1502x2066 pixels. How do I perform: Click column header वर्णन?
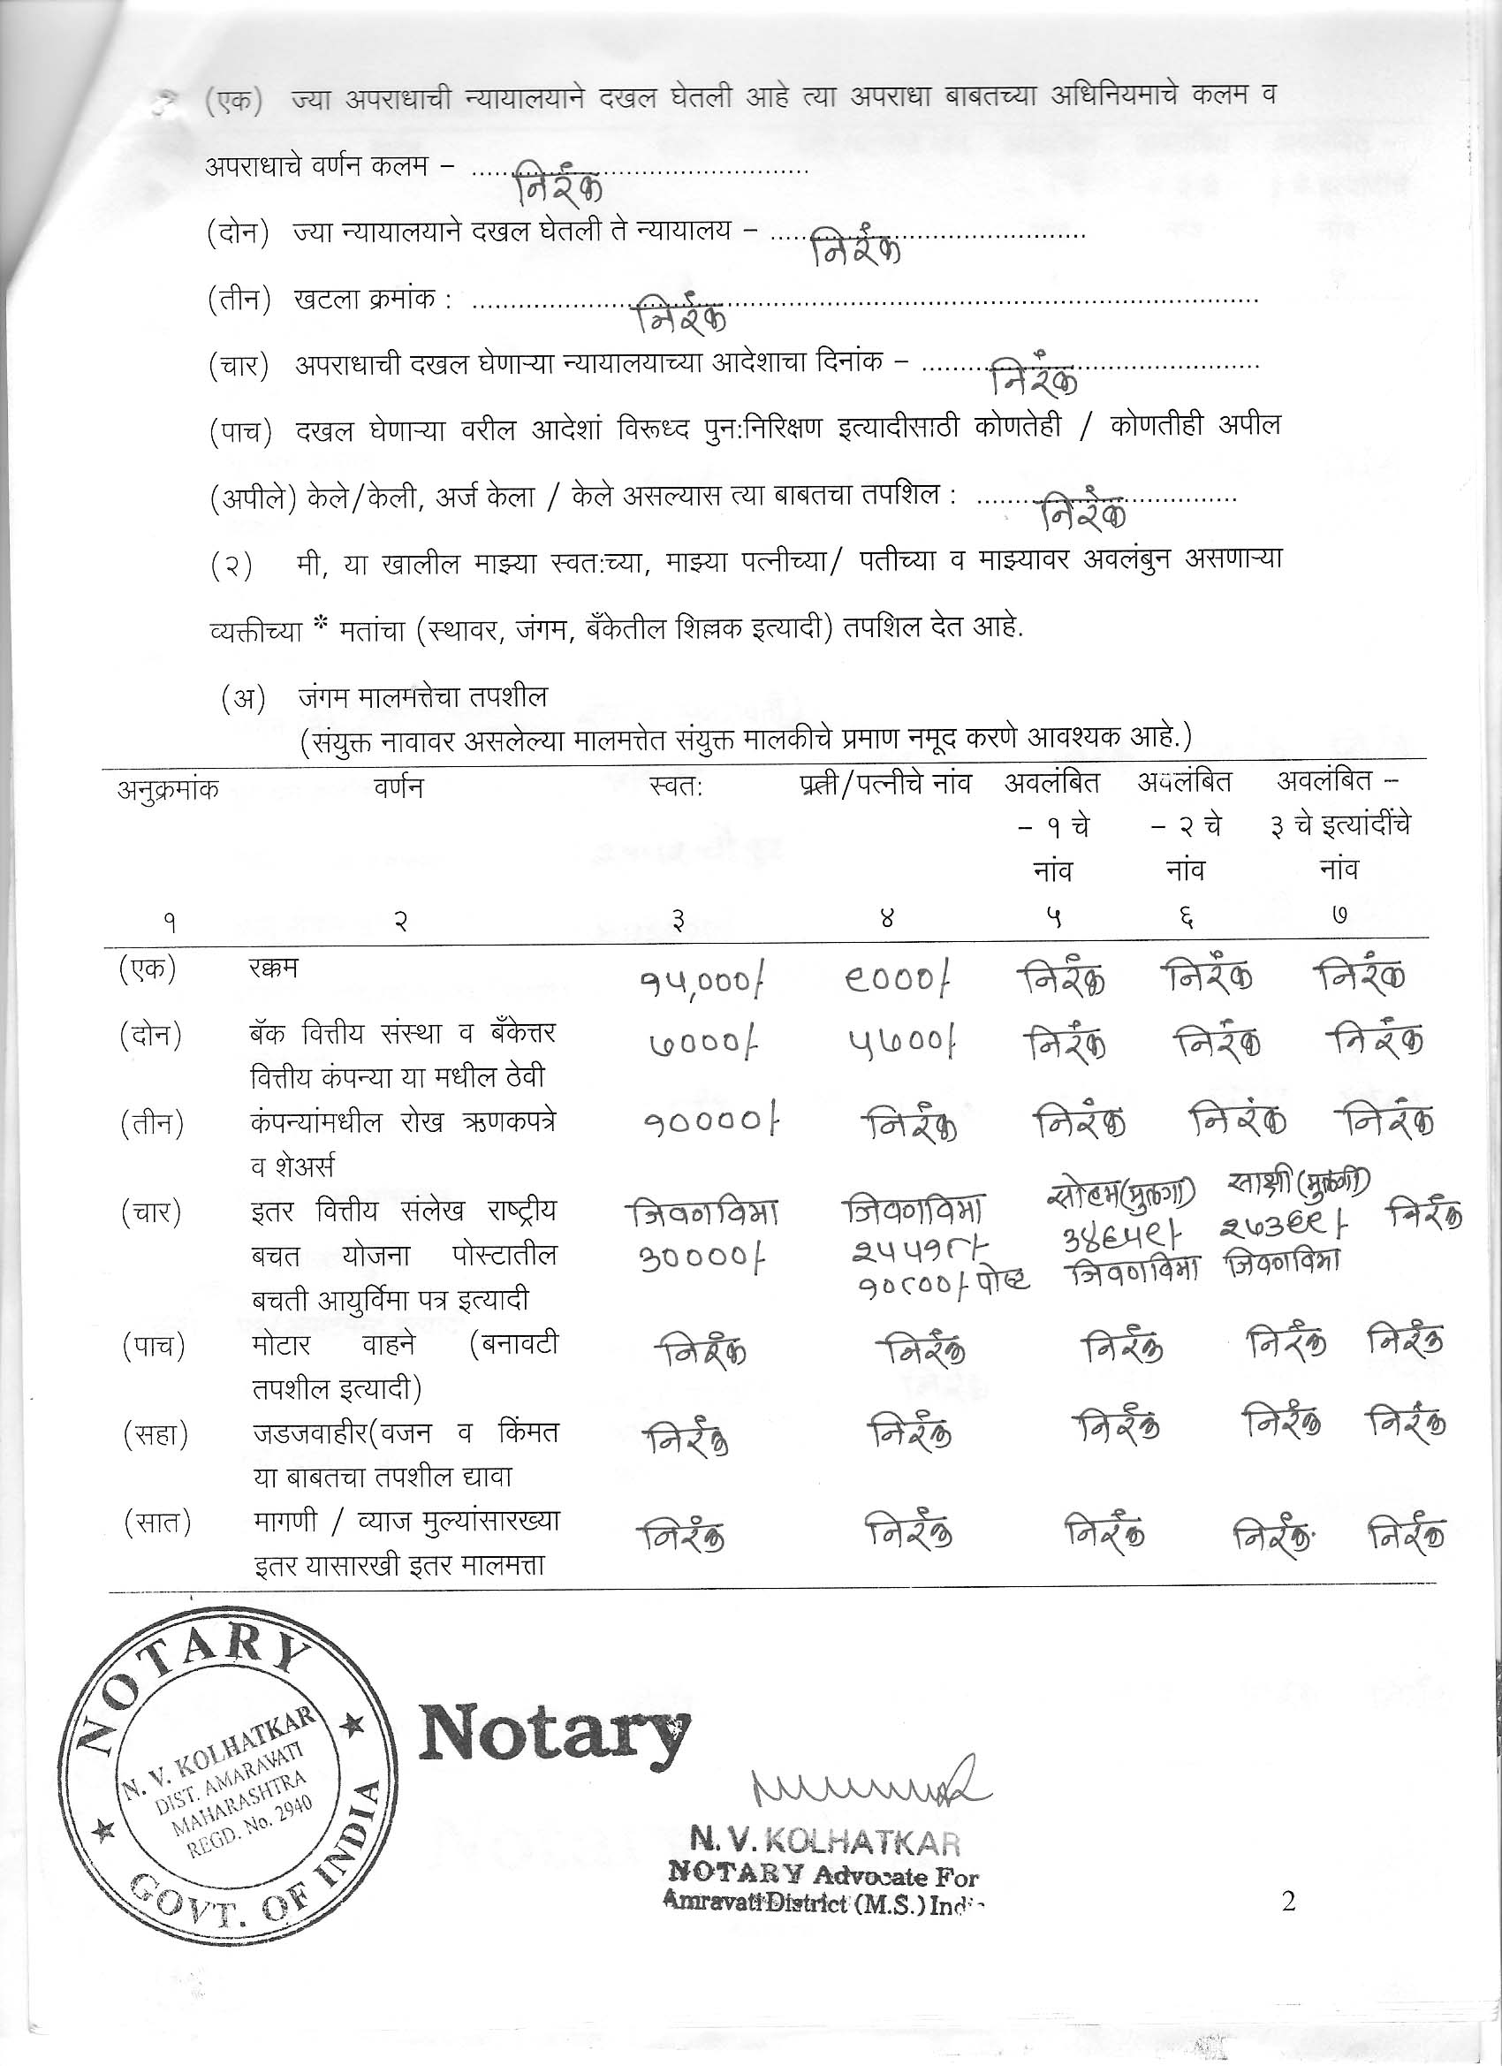coord(399,786)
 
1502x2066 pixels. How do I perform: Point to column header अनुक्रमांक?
coord(169,789)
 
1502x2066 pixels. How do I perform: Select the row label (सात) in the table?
coord(156,1523)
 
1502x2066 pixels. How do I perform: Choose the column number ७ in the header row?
coord(1338,918)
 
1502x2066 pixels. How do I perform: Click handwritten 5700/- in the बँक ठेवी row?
coord(903,1043)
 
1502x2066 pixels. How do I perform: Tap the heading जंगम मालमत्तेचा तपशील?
coord(422,697)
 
